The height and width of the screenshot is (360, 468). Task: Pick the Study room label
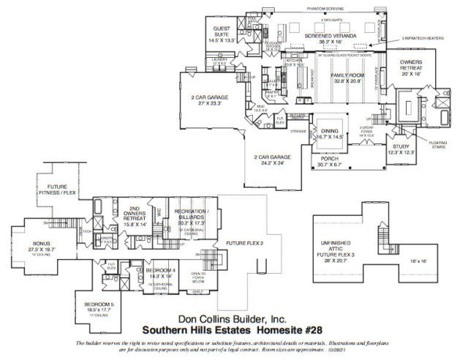point(401,149)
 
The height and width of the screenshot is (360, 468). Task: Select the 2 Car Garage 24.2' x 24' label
point(273,160)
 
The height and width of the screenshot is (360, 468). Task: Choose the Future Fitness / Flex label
point(56,192)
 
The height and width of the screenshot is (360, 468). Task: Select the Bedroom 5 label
point(98,307)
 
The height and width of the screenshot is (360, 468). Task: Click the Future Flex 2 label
point(245,242)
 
